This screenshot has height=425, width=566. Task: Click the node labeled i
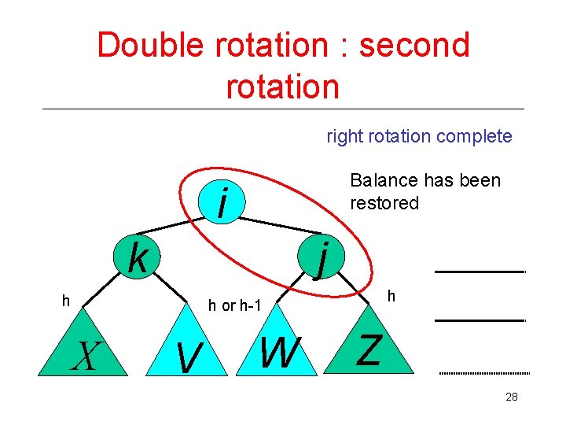[x=224, y=203]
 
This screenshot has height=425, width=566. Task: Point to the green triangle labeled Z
[x=369, y=353]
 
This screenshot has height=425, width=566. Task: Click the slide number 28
[x=511, y=397]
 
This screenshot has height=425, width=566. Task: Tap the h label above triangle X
[x=67, y=300]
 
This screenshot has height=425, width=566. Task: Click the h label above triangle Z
[x=391, y=297]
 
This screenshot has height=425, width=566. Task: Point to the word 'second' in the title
[x=413, y=46]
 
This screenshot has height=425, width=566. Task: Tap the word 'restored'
[x=384, y=203]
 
